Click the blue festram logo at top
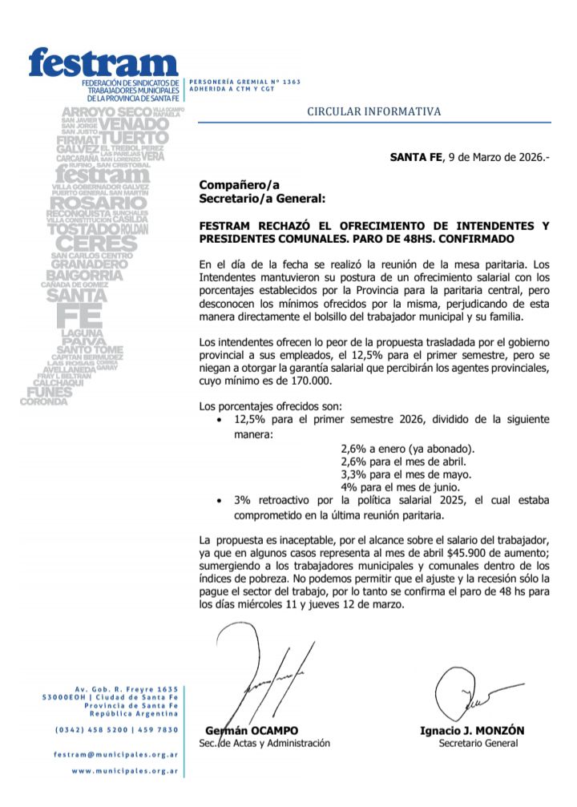point(103,62)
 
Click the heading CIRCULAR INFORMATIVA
point(373,111)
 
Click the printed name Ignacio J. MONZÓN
point(471,730)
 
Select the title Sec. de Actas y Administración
point(264,743)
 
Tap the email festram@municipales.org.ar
point(116,754)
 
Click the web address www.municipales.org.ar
point(124,771)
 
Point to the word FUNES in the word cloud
point(50,392)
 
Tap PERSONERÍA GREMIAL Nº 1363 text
point(233,82)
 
